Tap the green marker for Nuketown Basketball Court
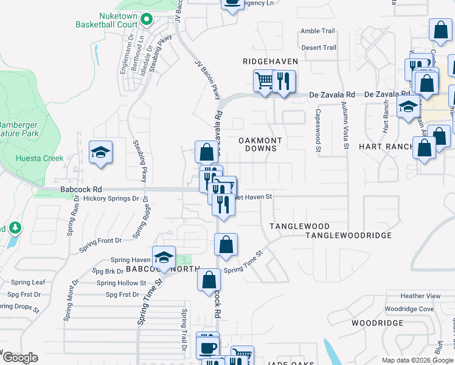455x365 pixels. [x=147, y=19]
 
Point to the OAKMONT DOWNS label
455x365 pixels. [x=260, y=144]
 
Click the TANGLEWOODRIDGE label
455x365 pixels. [x=348, y=235]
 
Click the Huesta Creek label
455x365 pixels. [x=44, y=158]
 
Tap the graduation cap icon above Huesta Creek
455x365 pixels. [x=101, y=152]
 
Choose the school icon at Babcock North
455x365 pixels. [x=164, y=257]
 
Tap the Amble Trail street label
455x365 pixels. [x=318, y=31]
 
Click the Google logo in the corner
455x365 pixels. [x=19, y=358]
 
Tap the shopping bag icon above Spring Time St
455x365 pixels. [x=226, y=245]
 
